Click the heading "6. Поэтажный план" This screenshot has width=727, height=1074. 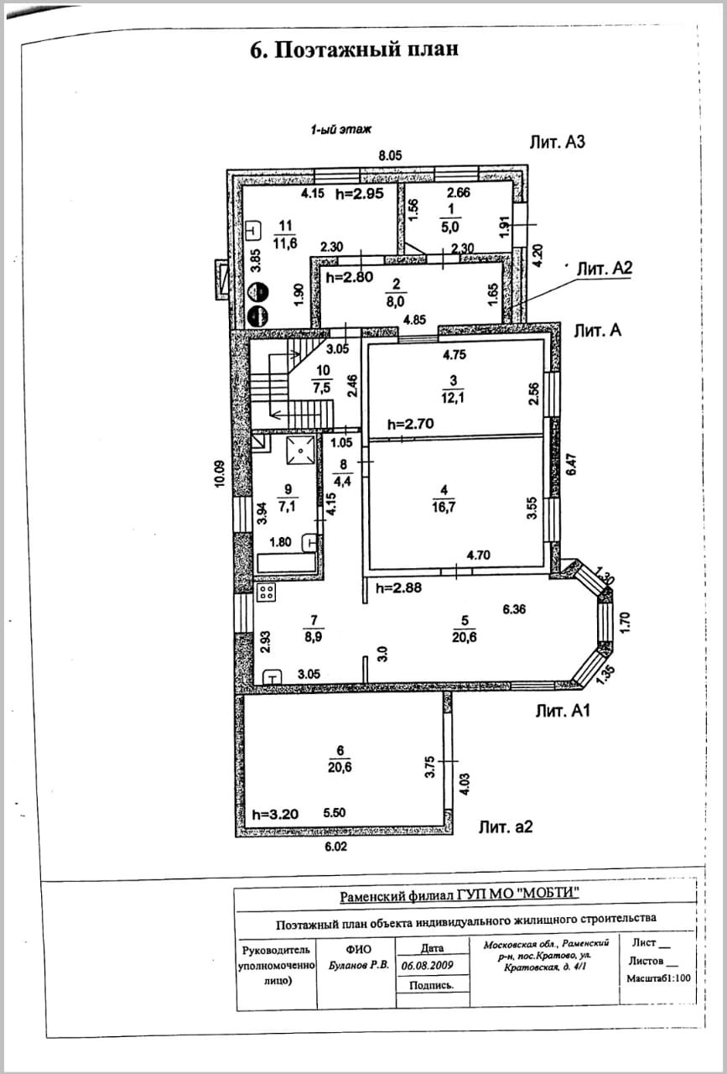click(x=354, y=50)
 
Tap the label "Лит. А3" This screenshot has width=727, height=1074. click(x=557, y=142)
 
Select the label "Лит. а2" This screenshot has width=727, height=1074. click(x=506, y=826)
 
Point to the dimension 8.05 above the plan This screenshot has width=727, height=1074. click(x=390, y=155)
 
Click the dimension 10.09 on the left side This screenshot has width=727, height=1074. click(x=220, y=474)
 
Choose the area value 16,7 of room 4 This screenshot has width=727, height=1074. click(x=444, y=507)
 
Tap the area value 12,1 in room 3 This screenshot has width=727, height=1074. click(x=453, y=398)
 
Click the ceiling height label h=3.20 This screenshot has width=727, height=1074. click(x=275, y=814)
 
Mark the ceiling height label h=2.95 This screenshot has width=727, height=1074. click(x=360, y=194)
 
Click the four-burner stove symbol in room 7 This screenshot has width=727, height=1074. click(x=267, y=592)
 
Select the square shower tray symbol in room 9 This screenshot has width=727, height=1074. click(x=300, y=451)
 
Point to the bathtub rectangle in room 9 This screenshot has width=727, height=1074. click(x=287, y=562)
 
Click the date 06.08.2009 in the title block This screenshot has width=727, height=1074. click(x=428, y=965)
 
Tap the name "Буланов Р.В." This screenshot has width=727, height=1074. click(x=358, y=966)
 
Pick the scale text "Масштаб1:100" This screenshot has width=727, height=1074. click(x=659, y=978)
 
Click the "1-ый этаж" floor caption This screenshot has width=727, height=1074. click(x=340, y=129)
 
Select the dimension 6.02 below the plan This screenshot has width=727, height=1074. click(x=335, y=847)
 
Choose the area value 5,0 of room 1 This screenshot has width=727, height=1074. click(x=449, y=227)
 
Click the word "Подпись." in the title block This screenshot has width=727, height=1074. click(x=431, y=986)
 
